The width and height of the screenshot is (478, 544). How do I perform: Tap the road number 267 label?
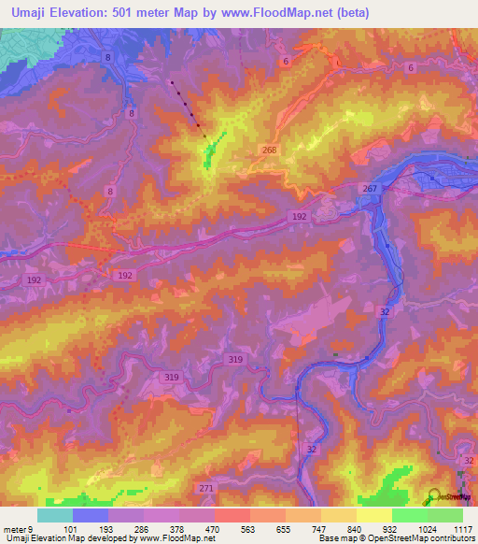tap(370, 190)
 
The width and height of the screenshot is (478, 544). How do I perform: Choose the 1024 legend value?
tap(428, 527)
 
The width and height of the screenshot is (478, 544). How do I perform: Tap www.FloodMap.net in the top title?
tap(286, 13)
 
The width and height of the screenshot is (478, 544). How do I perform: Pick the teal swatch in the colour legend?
tap(55, 515)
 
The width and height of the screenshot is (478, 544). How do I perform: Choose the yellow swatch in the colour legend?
tap(373, 515)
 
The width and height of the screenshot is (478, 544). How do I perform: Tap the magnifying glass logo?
tap(435, 497)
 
